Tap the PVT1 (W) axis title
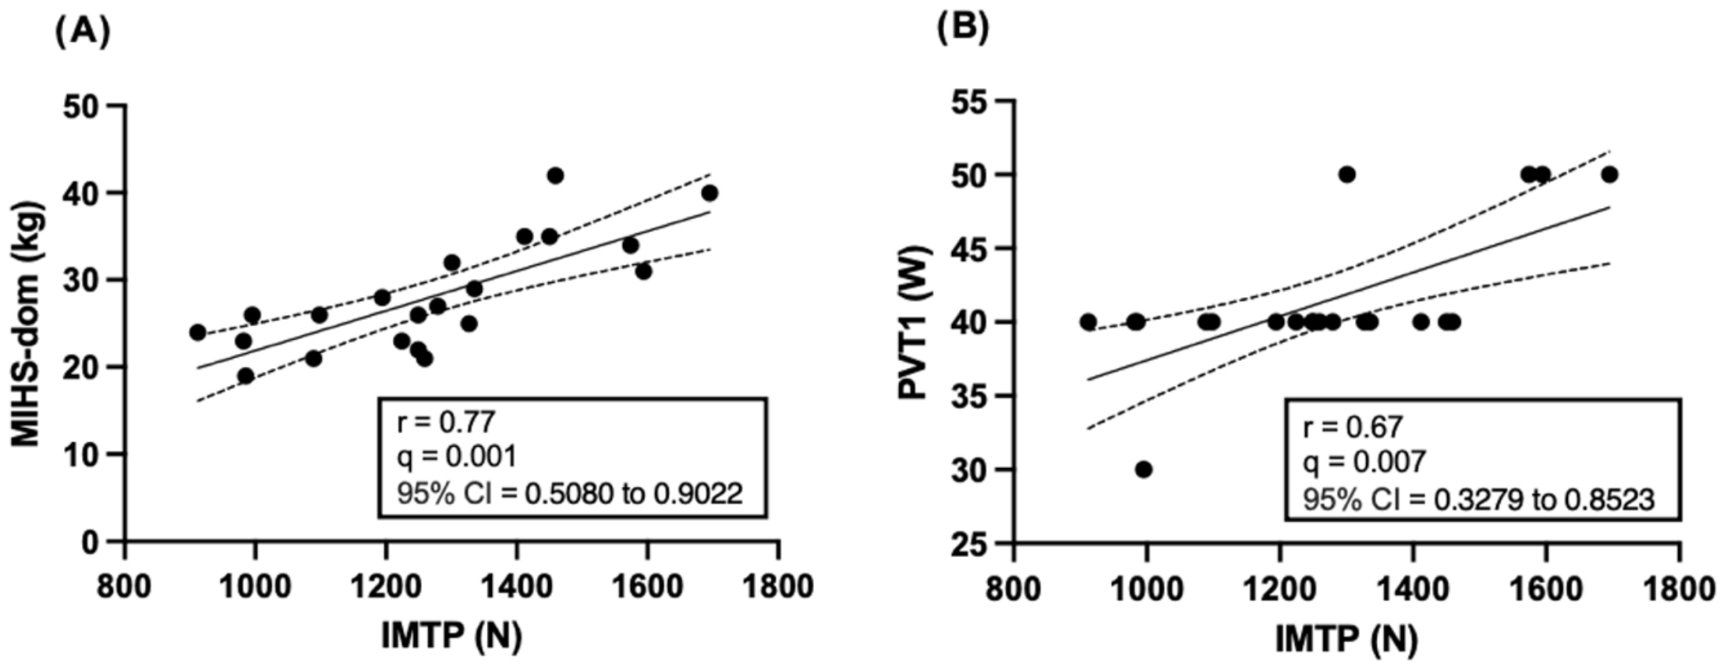(x=916, y=322)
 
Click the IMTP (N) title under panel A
(x=452, y=636)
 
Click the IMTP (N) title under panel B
(x=1346, y=639)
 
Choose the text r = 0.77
(x=446, y=422)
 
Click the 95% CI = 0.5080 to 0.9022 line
(x=570, y=493)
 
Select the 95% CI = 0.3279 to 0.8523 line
(x=1479, y=499)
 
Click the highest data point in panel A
(x=555, y=175)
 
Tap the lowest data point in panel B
(x=1144, y=470)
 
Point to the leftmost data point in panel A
(x=198, y=333)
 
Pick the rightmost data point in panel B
(x=1610, y=174)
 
